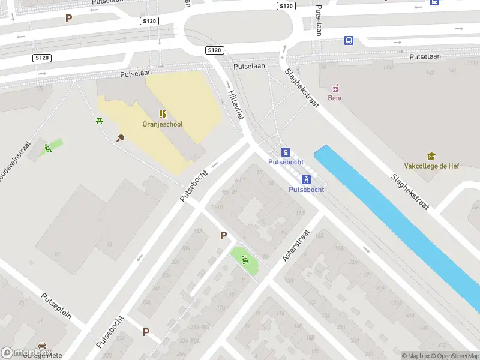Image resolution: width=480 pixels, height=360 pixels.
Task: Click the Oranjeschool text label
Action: pyautogui.click(x=162, y=124)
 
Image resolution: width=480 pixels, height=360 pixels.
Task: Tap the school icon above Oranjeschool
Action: pyautogui.click(x=162, y=114)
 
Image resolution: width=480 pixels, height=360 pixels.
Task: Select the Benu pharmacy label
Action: pyautogui.click(x=335, y=98)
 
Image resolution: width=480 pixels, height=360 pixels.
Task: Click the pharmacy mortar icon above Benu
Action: pyautogui.click(x=335, y=88)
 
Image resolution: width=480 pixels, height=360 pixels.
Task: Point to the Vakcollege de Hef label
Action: pyautogui.click(x=431, y=166)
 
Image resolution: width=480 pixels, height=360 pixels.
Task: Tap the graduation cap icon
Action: pyautogui.click(x=431, y=157)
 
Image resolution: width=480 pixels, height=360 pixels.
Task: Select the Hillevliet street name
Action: pyautogui.click(x=235, y=101)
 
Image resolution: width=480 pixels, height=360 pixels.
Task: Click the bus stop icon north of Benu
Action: pyautogui.click(x=349, y=41)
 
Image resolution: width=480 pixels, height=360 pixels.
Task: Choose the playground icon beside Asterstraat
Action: pyautogui.click(x=245, y=260)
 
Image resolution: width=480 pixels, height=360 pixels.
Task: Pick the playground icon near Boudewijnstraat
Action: pyautogui.click(x=48, y=148)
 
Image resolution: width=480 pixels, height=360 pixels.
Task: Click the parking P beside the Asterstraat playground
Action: pyautogui.click(x=223, y=236)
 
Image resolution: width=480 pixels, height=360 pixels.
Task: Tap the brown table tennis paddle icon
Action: pyautogui.click(x=120, y=139)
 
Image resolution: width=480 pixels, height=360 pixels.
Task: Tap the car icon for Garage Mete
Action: pyautogui.click(x=42, y=346)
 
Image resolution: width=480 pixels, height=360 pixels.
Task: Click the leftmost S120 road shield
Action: pyautogui.click(x=42, y=58)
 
